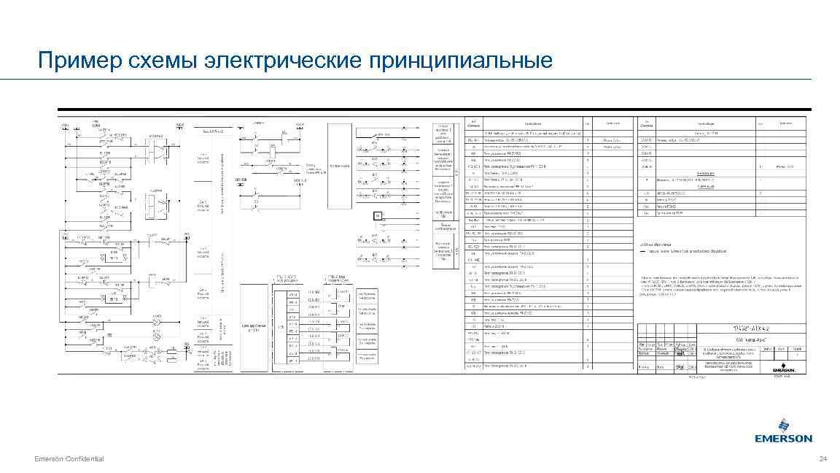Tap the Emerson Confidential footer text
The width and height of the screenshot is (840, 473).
pyautogui.click(x=69, y=458)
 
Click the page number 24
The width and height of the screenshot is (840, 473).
pyautogui.click(x=823, y=458)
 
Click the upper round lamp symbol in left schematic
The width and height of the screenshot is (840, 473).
pyautogui.click(x=155, y=322)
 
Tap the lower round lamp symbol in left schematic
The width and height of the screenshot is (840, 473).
pyautogui.click(x=155, y=337)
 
